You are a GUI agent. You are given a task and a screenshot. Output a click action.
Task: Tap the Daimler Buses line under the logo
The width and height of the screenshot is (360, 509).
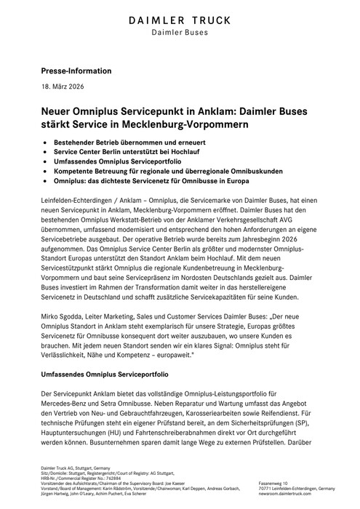[180, 31]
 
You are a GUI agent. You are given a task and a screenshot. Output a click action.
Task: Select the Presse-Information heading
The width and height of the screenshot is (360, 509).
[75, 71]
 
